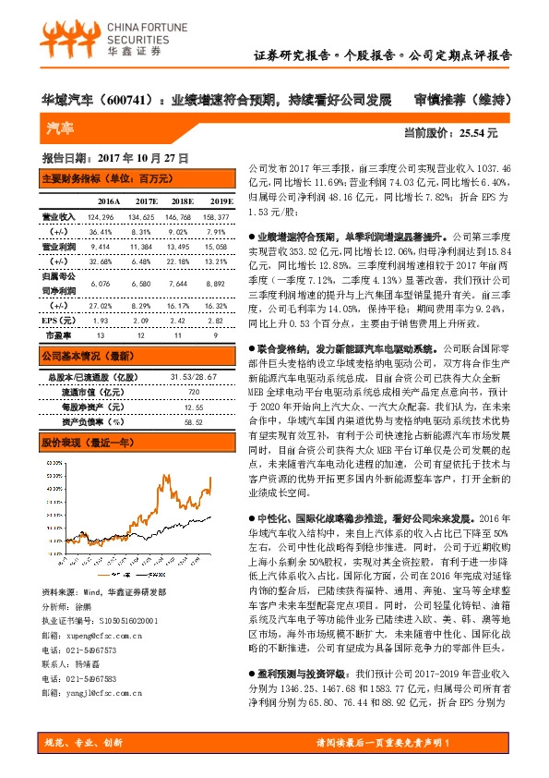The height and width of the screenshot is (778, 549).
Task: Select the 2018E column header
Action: (181, 201)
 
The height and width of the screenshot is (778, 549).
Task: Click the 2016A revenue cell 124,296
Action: (102, 216)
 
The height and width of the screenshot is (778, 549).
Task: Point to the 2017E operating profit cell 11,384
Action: (141, 247)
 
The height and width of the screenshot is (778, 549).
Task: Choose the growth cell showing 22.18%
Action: (181, 262)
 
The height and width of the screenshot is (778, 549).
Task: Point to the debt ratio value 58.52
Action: (192, 421)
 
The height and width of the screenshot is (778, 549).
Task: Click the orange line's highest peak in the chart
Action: (210, 479)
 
